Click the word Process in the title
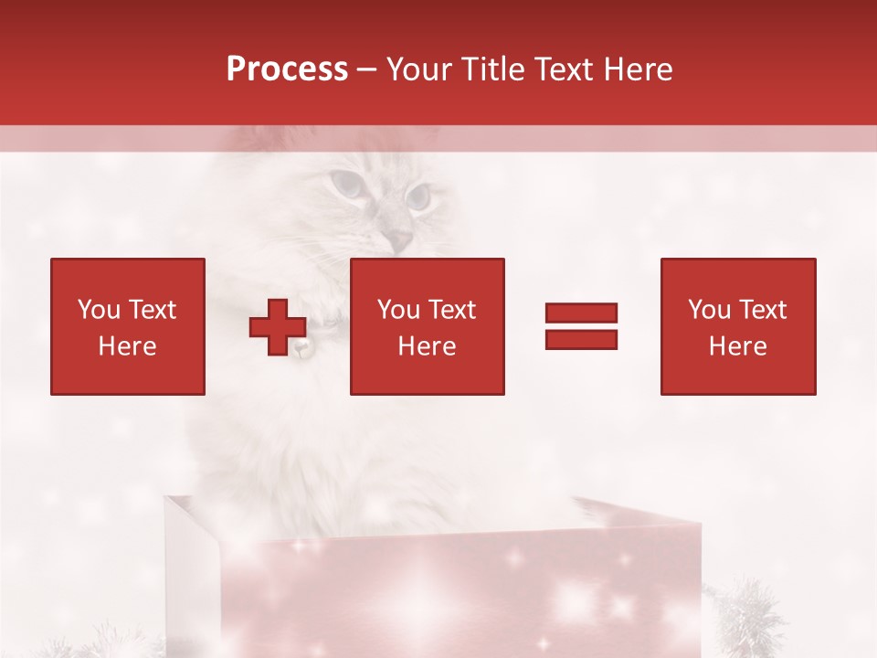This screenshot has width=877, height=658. coord(287,69)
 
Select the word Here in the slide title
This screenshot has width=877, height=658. coord(637,69)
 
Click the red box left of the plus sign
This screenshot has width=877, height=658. coord(128,326)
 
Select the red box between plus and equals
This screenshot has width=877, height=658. coord(428,326)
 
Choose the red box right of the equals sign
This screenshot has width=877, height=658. coord(738,326)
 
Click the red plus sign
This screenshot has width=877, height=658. coord(278,326)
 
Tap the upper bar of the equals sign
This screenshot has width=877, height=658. coord(581,313)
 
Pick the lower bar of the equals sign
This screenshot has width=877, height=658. coord(581,339)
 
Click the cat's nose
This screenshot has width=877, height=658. coord(398,239)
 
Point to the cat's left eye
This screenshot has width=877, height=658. coord(346,184)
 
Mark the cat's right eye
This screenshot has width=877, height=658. coord(418,196)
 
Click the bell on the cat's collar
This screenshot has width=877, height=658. coord(301,348)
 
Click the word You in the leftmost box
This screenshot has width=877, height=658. coord(98,310)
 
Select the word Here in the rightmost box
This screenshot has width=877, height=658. coord(738,346)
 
